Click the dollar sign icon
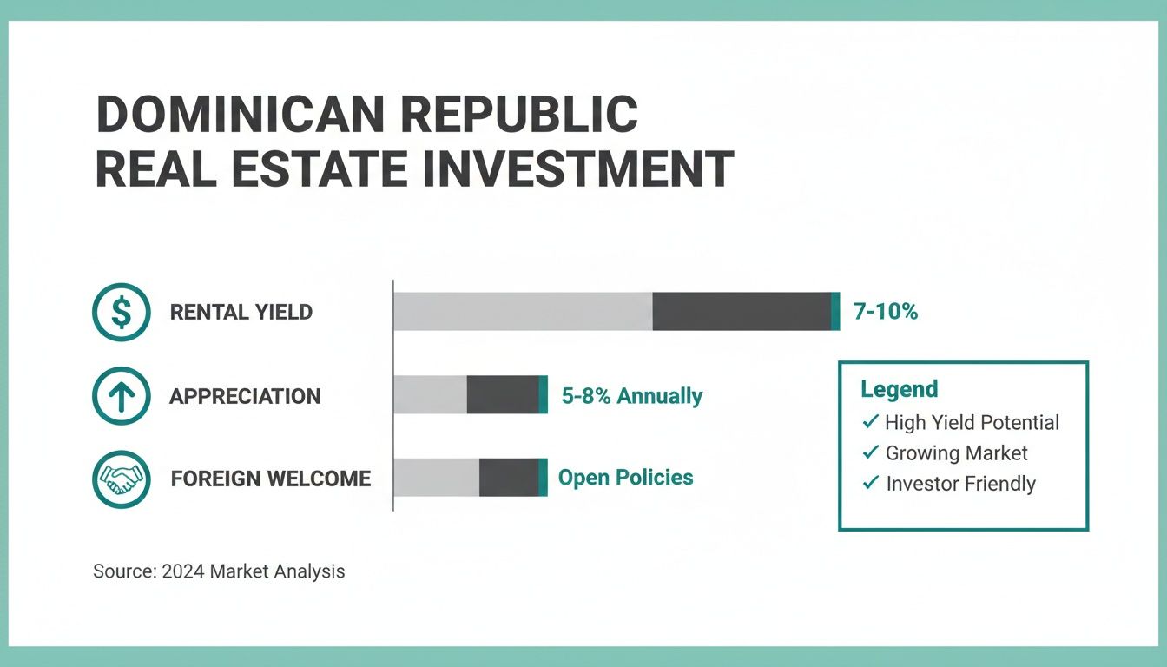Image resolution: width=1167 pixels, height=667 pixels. [121, 313]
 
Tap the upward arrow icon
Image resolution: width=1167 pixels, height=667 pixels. [121, 396]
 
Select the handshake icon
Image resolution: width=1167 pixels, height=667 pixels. [121, 479]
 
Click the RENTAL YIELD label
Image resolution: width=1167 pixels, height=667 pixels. [241, 313]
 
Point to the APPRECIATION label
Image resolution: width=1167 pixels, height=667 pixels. [245, 397]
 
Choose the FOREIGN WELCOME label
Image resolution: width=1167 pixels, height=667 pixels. [270, 479]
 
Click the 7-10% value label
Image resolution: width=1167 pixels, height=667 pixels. [885, 312]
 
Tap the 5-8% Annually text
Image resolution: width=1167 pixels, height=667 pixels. [631, 397]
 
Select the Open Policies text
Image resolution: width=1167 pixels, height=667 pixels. [625, 478]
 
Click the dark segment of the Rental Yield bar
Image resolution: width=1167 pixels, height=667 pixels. [741, 312]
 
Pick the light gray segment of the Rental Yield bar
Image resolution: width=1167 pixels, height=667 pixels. [523, 312]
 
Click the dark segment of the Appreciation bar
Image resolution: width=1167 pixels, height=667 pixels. [502, 395]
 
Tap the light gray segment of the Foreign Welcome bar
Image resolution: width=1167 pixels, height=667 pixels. [437, 478]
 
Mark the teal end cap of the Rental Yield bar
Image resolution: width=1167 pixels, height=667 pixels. [835, 312]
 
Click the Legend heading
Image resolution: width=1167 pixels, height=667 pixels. [899, 389]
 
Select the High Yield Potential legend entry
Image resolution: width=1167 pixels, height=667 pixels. [972, 423]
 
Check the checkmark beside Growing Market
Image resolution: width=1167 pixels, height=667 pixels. [870, 452]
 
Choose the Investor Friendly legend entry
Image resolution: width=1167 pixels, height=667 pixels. [960, 484]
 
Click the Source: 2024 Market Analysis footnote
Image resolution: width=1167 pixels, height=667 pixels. [219, 571]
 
